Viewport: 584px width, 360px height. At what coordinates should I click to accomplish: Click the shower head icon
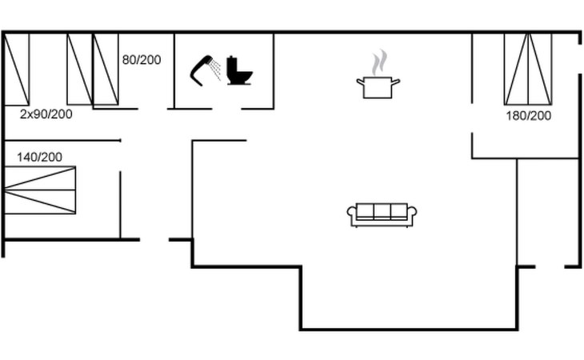point(201,70)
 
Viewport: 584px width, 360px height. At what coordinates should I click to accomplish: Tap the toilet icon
point(239,70)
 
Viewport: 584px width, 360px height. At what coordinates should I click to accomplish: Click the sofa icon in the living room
point(382,215)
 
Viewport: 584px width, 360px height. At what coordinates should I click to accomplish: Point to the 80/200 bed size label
point(142,60)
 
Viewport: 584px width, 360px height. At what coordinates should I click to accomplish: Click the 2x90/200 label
point(46,114)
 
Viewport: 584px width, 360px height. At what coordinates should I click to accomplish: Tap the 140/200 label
point(39,157)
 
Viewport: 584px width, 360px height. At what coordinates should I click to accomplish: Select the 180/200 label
point(529,116)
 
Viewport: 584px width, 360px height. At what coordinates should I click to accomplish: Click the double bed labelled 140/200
point(40,190)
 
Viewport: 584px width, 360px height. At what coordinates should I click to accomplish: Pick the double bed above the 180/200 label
point(528,70)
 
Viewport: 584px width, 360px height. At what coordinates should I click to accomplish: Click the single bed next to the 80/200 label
point(106,70)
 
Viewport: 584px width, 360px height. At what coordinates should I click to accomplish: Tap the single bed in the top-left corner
point(16,70)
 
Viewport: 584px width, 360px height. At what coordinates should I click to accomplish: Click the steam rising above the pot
point(379,62)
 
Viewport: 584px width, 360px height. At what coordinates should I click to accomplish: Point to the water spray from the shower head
point(215,70)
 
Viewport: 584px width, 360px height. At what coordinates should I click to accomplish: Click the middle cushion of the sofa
point(382,211)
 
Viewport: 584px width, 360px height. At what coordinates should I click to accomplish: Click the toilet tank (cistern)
point(233,65)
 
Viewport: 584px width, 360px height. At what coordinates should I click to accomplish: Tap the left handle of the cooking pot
point(361,82)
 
